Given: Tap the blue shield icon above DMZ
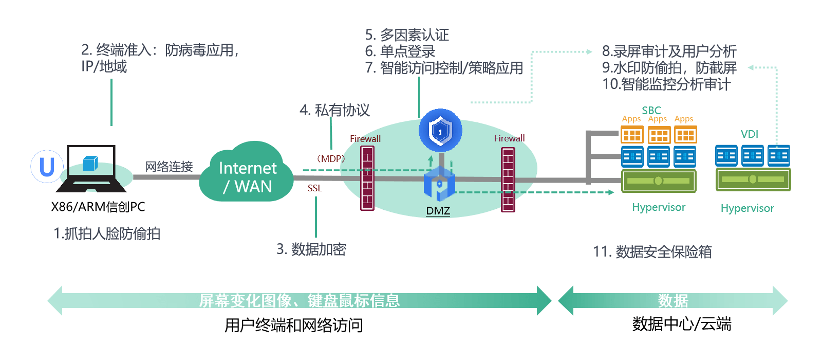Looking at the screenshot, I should pyautogui.click(x=440, y=131).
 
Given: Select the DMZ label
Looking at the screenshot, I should pyautogui.click(x=438, y=211).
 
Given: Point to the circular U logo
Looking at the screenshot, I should pyautogui.click(x=47, y=166).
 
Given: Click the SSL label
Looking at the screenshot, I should pyautogui.click(x=314, y=188).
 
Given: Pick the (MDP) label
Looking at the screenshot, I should pyautogui.click(x=331, y=158).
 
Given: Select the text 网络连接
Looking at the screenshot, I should pyautogui.click(x=169, y=167).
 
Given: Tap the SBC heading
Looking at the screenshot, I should pyautogui.click(x=651, y=110).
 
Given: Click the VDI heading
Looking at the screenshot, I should pyautogui.click(x=749, y=134).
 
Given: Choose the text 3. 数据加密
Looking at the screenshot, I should pyautogui.click(x=311, y=249).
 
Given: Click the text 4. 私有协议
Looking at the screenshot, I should pyautogui.click(x=334, y=110).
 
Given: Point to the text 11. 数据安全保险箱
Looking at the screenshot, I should pyautogui.click(x=652, y=251).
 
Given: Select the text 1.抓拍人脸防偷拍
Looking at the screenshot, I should pyautogui.click(x=107, y=233).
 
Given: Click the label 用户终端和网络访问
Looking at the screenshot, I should pyautogui.click(x=293, y=325).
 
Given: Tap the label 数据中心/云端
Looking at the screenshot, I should pyautogui.click(x=682, y=324).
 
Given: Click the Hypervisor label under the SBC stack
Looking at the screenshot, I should pyautogui.click(x=659, y=207).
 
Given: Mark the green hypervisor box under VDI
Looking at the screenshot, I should pyautogui.click(x=753, y=179).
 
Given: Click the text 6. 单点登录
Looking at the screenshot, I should pyautogui.click(x=400, y=51).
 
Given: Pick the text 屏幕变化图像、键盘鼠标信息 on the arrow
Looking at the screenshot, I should pyautogui.click(x=300, y=300).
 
